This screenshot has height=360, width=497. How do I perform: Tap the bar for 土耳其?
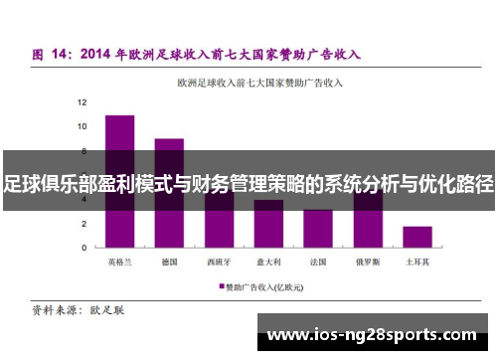tap(417, 237)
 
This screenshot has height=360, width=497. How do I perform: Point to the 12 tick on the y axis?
tap(83, 102)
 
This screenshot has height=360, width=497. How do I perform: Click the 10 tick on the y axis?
tap(83, 126)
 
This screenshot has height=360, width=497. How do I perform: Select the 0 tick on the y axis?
tap(85, 248)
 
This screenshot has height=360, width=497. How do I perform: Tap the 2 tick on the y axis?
tap(85, 224)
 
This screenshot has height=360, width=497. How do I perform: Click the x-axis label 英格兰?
tap(119, 263)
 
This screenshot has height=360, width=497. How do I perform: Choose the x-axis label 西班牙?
tap(219, 263)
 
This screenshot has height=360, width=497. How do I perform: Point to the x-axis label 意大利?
tap(268, 263)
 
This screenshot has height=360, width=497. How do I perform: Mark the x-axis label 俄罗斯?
tap(368, 263)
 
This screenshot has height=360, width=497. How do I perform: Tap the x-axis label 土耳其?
tap(417, 263)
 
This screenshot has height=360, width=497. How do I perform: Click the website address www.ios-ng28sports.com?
tap(372, 334)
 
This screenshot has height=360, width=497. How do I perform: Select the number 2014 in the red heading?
tap(100, 53)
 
